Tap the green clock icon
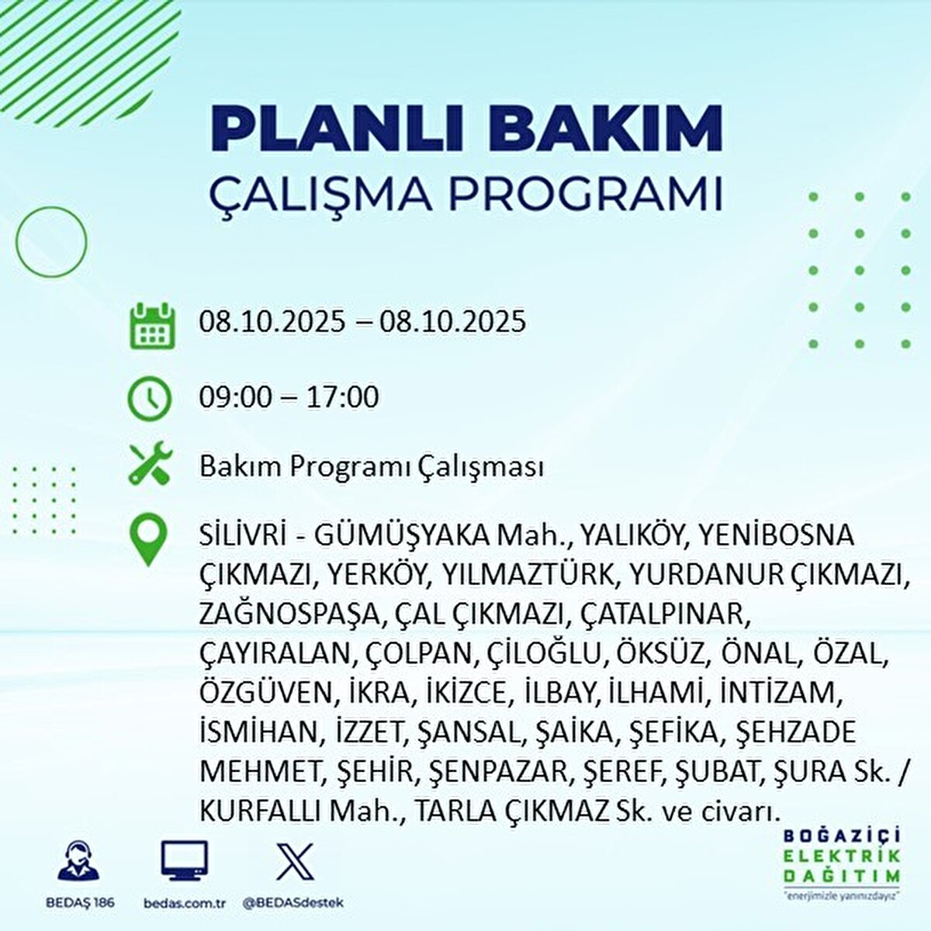click(148, 398)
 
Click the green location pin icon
click(148, 540)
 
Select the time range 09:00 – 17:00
click(289, 397)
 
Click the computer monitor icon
click(184, 860)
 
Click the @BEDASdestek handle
click(293, 903)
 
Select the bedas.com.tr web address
click(185, 903)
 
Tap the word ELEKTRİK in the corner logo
click(842, 855)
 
